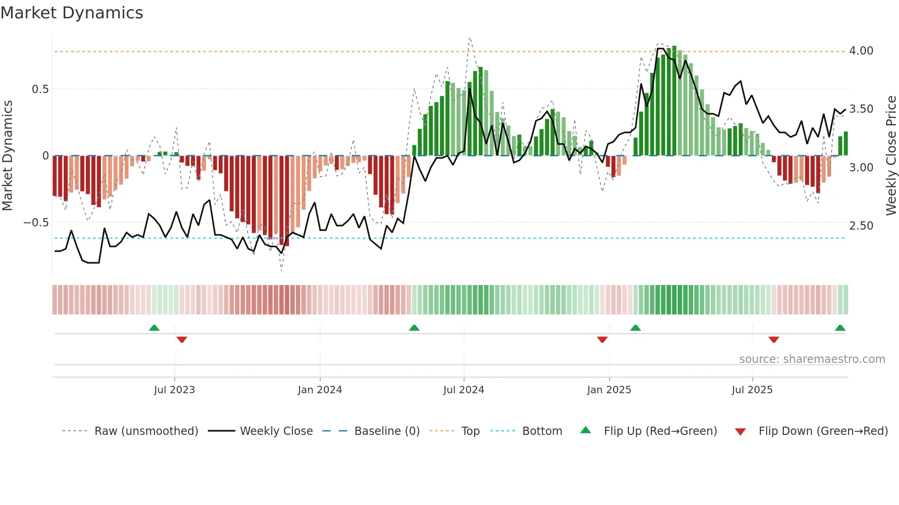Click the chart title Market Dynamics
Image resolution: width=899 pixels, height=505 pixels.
pyautogui.click(x=72, y=13)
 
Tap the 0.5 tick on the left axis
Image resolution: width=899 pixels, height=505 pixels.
pyautogui.click(x=40, y=89)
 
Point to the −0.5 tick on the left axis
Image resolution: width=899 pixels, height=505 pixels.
pyautogui.click(x=36, y=223)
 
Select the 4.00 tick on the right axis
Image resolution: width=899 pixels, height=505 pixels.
pyautogui.click(x=861, y=51)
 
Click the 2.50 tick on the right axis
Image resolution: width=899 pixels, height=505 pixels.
pyautogui.click(x=861, y=226)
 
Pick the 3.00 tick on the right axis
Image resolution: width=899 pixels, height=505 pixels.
pyautogui.click(x=861, y=168)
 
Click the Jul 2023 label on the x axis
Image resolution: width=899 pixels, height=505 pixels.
pyautogui.click(x=174, y=390)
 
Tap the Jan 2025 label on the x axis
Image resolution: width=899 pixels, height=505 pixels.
pyautogui.click(x=609, y=390)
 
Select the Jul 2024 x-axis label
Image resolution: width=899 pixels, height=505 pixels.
pyautogui.click(x=463, y=390)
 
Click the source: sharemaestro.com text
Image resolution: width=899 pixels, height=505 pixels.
pyautogui.click(x=812, y=359)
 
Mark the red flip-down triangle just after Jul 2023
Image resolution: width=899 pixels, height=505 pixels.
pyautogui.click(x=182, y=340)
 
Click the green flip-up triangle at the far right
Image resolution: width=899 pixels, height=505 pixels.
pyautogui.click(x=840, y=328)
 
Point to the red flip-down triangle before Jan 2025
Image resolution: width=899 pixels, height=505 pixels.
pyautogui.click(x=602, y=340)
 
